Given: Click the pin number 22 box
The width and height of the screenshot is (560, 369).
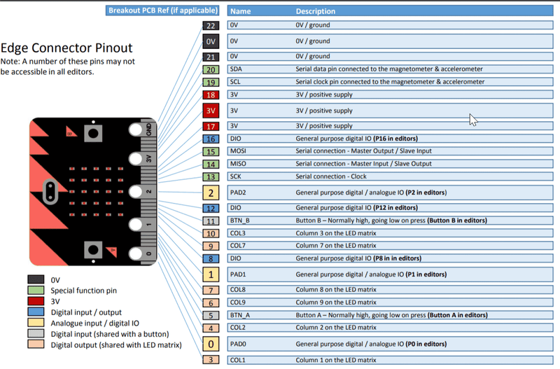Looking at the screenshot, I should tap(211, 25).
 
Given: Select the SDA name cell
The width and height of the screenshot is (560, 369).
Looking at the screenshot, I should tap(259, 69).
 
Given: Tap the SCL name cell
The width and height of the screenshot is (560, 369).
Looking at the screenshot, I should tap(259, 82).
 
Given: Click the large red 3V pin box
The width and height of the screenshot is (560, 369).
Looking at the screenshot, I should tap(211, 111).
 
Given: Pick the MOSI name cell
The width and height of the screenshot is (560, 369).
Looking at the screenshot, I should tap(259, 151).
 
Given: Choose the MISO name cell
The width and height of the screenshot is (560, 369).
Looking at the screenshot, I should tap(259, 164).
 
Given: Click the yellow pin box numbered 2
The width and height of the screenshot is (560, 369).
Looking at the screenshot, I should tap(211, 193).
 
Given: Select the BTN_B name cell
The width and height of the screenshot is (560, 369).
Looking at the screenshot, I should tap(259, 221).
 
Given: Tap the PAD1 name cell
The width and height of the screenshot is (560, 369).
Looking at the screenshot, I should tap(259, 274).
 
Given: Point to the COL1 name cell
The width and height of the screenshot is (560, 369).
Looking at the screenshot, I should tap(259, 360).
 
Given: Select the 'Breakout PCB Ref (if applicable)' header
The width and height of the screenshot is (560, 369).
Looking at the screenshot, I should tap(163, 11).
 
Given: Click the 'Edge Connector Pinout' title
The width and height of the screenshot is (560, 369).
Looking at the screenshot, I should tap(66, 48).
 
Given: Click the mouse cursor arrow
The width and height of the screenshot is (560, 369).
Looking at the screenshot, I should tap(473, 119).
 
